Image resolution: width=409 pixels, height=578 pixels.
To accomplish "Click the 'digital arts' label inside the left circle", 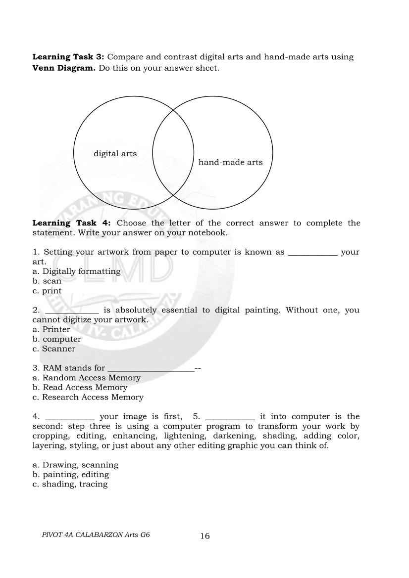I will point(115,154).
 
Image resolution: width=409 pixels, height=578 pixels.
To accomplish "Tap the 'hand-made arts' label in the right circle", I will point(230,162).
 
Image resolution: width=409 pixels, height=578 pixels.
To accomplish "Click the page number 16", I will point(204,536).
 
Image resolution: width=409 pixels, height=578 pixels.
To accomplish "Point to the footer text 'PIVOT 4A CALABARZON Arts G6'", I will point(96,535).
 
